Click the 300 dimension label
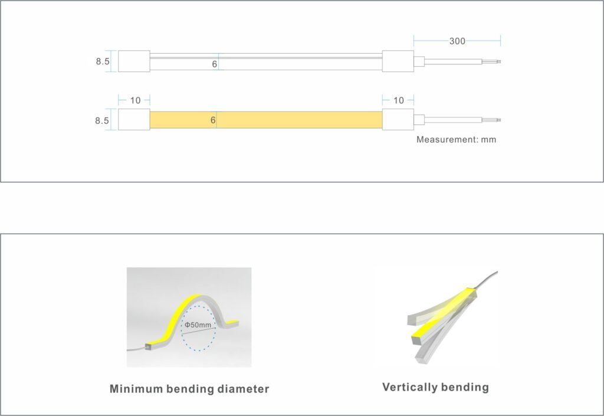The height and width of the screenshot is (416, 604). click(457, 41)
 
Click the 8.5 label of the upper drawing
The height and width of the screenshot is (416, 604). click(103, 61)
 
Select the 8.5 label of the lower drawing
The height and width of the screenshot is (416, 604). click(102, 120)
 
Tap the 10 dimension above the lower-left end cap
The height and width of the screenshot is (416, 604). click(135, 100)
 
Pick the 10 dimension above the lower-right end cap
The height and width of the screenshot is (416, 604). click(398, 100)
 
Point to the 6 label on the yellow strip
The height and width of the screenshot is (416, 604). click(212, 120)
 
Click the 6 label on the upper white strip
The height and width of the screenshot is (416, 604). click(214, 64)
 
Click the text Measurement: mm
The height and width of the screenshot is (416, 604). click(456, 139)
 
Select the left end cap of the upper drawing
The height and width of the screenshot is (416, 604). click(134, 61)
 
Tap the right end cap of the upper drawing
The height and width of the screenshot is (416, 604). click(398, 61)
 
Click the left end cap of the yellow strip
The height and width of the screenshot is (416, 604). click(134, 119)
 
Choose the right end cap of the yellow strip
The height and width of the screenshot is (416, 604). click(398, 119)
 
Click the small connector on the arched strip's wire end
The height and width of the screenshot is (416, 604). click(148, 347)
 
